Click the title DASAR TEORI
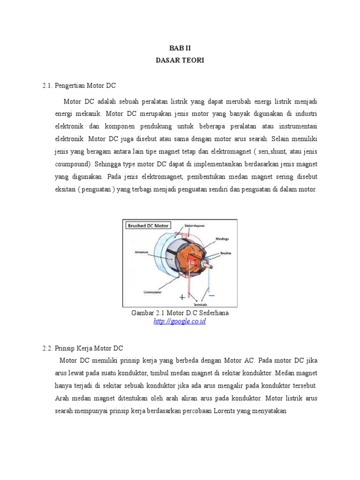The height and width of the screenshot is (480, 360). coord(180,60)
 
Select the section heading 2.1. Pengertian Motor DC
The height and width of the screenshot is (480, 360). coord(79,86)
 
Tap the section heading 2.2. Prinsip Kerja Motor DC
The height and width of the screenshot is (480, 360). coord(82,348)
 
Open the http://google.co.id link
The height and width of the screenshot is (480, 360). coord(180,321)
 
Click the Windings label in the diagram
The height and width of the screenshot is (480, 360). coord(222,239)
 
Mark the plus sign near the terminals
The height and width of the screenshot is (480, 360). coord(182,297)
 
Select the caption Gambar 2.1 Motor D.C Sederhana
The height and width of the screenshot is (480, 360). coord(180,313)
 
